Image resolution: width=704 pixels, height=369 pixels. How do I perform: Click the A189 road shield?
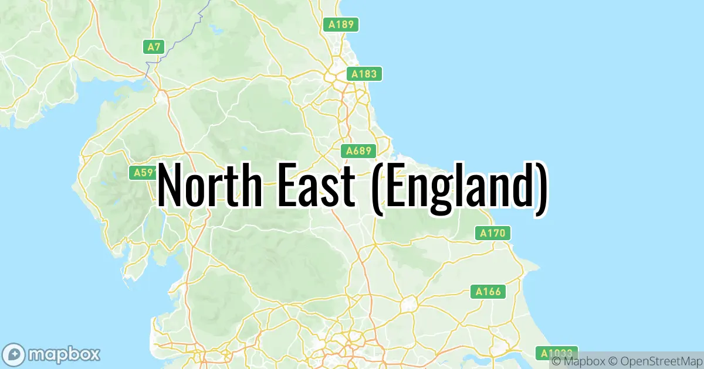(341, 25)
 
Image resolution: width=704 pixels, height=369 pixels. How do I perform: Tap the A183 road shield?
(364, 74)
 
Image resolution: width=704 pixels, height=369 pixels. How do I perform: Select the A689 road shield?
(358, 151)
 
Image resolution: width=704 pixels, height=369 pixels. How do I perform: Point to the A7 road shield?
(154, 47)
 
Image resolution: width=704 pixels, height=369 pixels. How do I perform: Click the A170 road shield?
(492, 233)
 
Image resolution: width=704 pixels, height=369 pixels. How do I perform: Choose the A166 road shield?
(488, 291)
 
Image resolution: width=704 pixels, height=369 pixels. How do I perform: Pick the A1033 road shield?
(554, 353)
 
